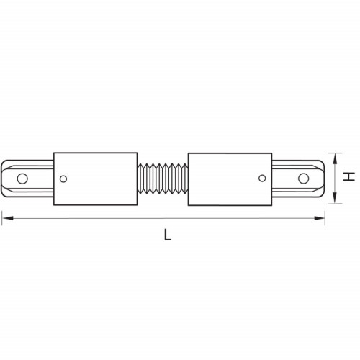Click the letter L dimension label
(167, 235)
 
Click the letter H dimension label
(348, 176)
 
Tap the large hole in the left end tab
(22, 179)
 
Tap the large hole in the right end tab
(303, 179)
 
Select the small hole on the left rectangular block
(63, 179)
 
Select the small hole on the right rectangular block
(262, 178)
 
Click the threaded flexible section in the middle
(163, 179)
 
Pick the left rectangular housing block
(96, 179)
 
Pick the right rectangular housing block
(230, 179)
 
